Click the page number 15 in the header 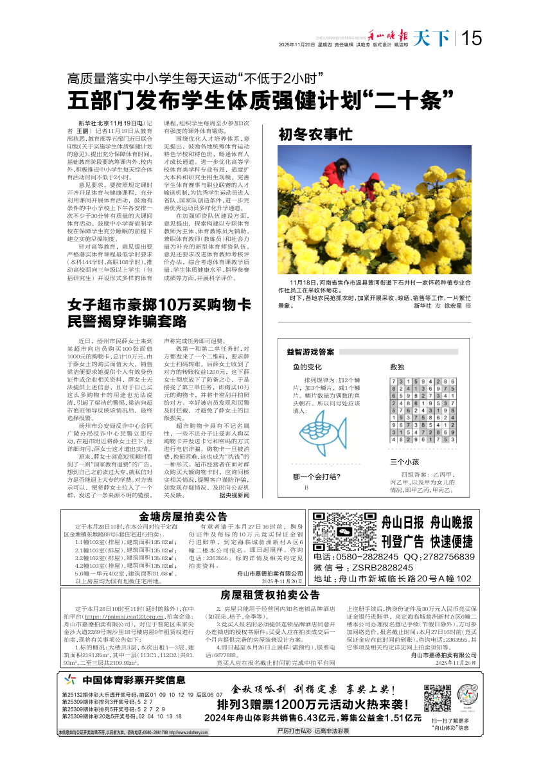472,39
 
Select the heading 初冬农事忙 314,135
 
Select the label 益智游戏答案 310,352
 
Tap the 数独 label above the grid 397,367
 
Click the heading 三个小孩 405,462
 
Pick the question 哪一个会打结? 317,477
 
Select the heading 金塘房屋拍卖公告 183,516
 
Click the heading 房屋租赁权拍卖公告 270,594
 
